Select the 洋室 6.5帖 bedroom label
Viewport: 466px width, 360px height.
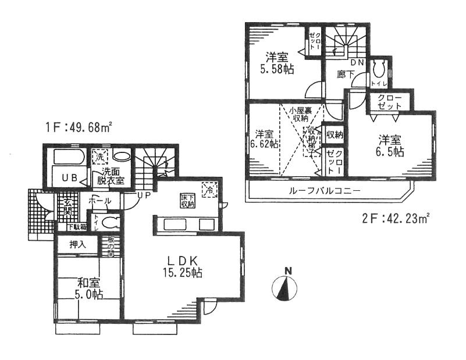tap(392, 145)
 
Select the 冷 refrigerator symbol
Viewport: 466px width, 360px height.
tap(207, 189)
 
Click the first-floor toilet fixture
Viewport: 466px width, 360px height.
tap(112, 221)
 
